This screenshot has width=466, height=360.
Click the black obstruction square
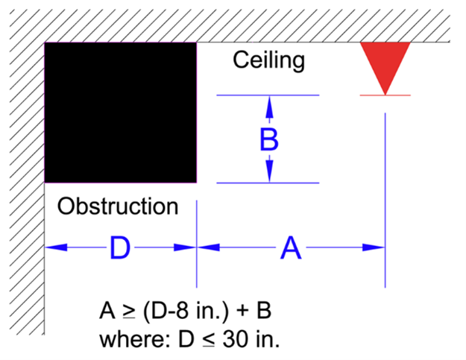pos(121,112)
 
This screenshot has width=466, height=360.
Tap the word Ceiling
pos(269,60)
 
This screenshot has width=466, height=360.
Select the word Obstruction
pos(118,206)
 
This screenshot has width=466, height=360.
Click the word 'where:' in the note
pos(131,339)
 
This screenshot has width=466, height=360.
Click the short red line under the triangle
pos(385,95)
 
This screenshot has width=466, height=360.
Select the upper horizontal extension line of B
pos(298,95)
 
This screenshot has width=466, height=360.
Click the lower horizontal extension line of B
pos(298,183)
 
